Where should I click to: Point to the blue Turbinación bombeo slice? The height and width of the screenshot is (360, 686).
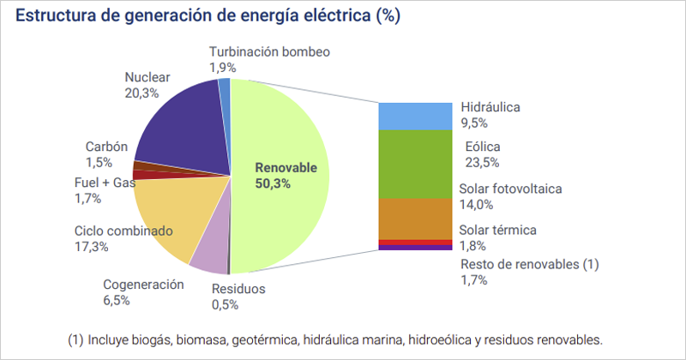click(225, 85)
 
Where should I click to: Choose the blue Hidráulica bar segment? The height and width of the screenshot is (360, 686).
click(415, 116)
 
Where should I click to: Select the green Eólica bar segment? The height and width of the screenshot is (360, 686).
click(415, 163)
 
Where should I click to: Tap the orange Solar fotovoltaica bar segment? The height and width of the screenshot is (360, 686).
click(415, 219)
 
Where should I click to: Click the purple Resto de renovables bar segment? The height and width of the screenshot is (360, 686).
click(415, 247)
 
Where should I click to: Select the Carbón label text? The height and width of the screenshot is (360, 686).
click(106, 147)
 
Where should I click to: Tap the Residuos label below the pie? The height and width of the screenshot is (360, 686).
click(238, 288)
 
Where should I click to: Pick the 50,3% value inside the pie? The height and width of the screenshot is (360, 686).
click(273, 183)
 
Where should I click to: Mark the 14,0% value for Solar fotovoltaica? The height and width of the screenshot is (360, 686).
click(478, 204)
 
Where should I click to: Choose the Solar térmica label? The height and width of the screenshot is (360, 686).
click(498, 230)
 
